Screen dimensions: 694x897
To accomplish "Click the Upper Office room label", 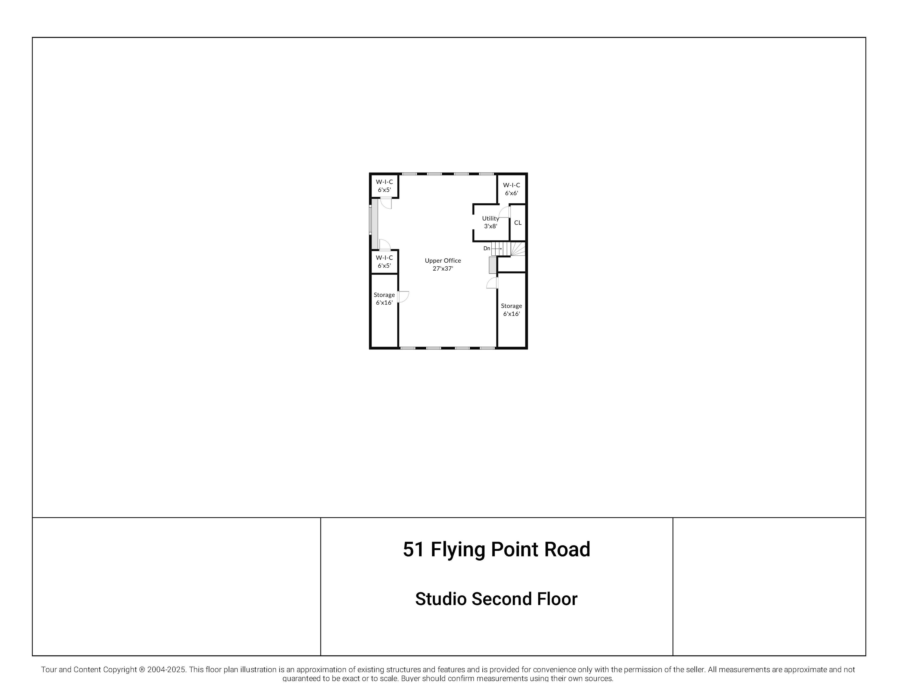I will point(443,261).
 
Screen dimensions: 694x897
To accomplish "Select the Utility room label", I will point(490,218).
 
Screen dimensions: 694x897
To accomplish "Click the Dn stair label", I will point(487,248).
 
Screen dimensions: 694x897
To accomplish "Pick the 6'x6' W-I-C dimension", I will point(511,193).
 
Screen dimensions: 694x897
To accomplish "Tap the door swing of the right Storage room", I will point(492,283).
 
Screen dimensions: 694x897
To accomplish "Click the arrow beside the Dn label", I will point(497,249).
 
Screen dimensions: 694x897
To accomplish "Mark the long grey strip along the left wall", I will point(374,224).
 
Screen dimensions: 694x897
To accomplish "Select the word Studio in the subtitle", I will point(441,599).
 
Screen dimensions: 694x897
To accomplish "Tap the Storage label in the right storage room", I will point(511,306).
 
